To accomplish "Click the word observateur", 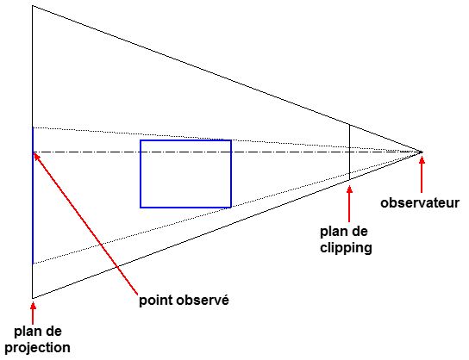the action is coord(420,203).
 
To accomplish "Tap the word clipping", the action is coord(346,248).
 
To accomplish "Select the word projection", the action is coord(38,348).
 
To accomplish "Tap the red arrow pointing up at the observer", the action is coord(422,175).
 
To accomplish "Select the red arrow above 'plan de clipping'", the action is coord(349,204).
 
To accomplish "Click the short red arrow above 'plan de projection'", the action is coord(33,313).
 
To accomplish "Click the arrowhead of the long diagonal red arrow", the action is coord(36,156).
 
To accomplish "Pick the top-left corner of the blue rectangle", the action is coord(141,140).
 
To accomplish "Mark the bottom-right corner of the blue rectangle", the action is coord(231,207).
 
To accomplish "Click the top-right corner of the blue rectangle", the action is coord(231,140).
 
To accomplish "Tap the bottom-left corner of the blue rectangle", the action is coord(141,207).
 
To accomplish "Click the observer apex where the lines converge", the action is coord(422,152).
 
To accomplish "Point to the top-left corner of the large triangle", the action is coord(33,6).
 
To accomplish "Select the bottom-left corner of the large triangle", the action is coord(33,298).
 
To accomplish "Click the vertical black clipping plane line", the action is coord(349,152).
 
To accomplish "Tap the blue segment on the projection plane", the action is coord(33,196).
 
